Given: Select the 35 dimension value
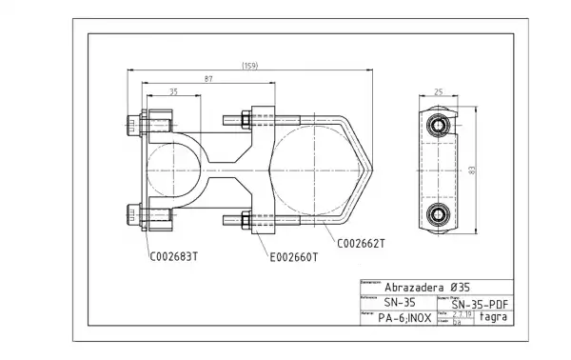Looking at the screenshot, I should pyautogui.click(x=173, y=92).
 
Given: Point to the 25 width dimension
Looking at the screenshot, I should pyautogui.click(x=440, y=92).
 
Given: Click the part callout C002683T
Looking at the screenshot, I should pyautogui.click(x=174, y=256).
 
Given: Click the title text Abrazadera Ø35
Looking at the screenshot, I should pyautogui.click(x=426, y=286).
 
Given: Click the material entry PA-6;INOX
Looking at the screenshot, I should pyautogui.click(x=405, y=318).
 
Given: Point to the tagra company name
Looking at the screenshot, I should pyautogui.click(x=493, y=317).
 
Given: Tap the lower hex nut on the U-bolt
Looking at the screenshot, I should pyautogui.click(x=244, y=221).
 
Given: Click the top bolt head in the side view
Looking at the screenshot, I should pyautogui.click(x=439, y=127).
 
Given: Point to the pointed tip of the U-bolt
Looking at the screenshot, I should pyautogui.click(x=372, y=170).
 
